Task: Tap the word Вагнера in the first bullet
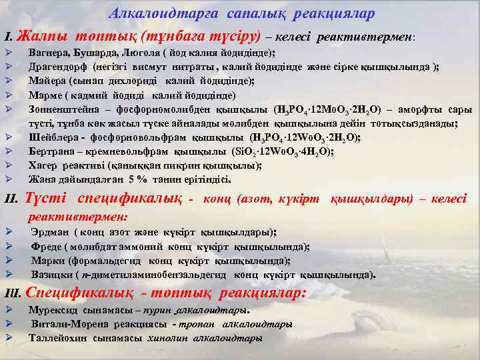[49, 51]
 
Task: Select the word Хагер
[43, 165]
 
